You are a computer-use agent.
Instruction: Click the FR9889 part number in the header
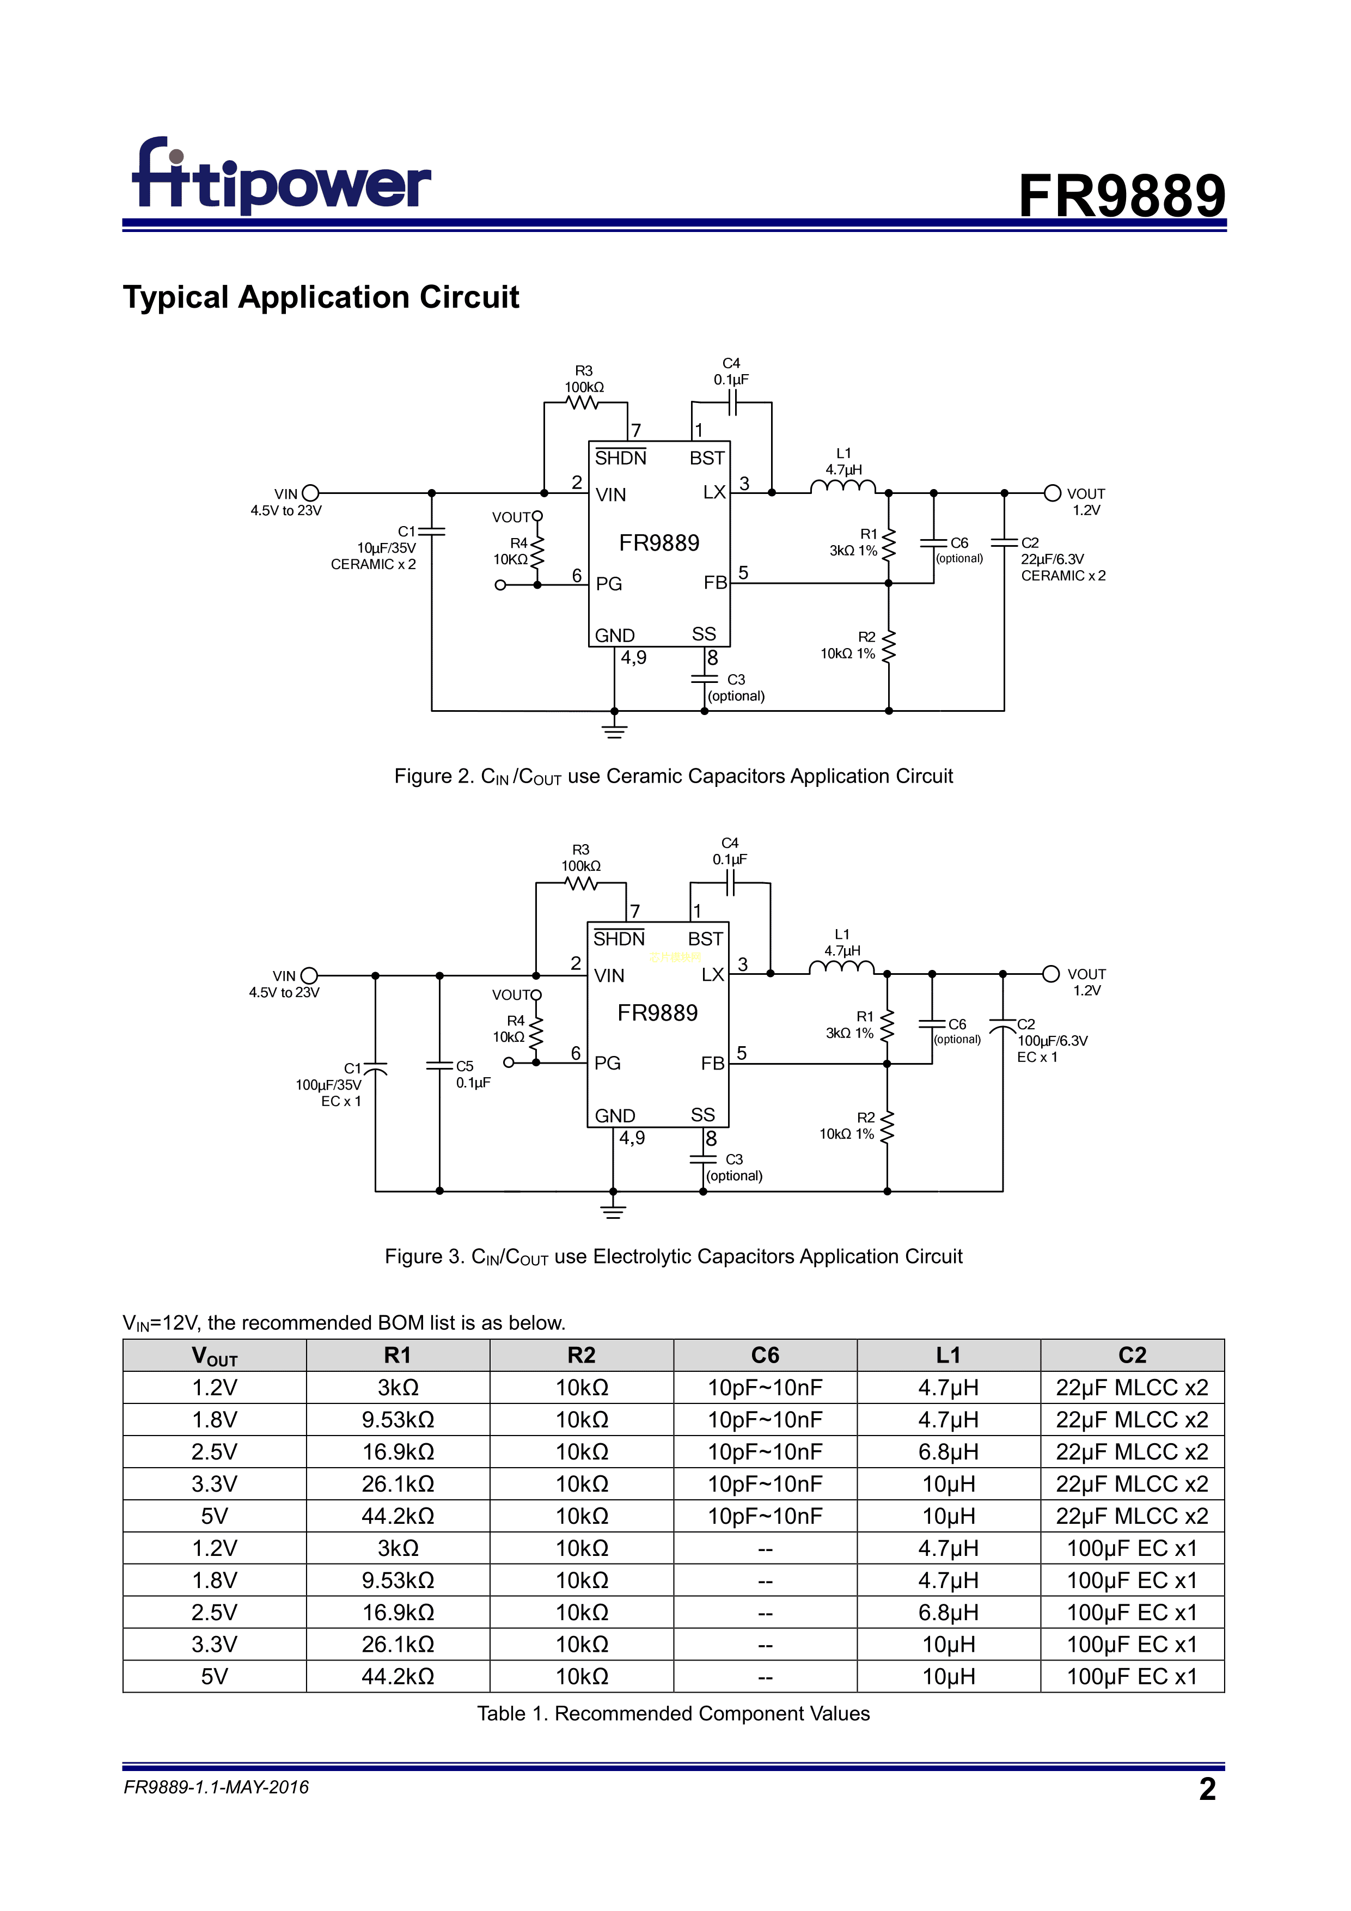(1121, 197)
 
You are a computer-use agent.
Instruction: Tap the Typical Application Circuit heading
(321, 297)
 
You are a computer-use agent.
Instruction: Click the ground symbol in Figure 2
(614, 730)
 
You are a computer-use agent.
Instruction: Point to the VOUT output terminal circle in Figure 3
(1050, 974)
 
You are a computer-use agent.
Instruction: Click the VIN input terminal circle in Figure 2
(310, 493)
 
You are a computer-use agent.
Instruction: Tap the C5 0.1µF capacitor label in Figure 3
(472, 1074)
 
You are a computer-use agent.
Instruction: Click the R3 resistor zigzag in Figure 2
(583, 403)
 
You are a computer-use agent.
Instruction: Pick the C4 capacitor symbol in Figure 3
(730, 883)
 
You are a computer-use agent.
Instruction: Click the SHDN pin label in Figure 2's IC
(620, 458)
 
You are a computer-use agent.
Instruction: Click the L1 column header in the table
(948, 1355)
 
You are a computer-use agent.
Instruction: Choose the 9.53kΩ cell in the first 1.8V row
(398, 1419)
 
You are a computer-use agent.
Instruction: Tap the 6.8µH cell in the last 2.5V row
(948, 1612)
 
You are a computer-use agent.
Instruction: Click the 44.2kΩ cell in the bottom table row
(398, 1676)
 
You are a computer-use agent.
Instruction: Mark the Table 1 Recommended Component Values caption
(674, 1714)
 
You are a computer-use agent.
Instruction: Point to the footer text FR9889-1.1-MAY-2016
(216, 1787)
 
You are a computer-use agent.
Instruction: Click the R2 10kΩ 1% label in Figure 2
(848, 646)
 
